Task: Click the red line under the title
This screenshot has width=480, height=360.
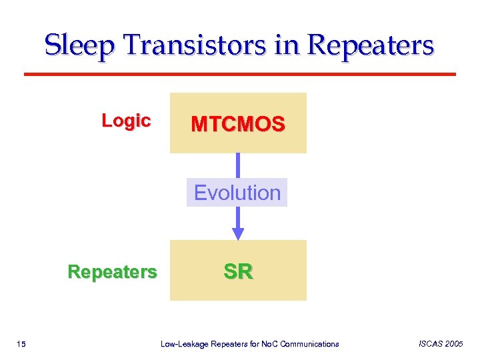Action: [240, 73]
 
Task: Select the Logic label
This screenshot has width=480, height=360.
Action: [126, 121]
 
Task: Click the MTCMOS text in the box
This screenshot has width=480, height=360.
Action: [238, 124]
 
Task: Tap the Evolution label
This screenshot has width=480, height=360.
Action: [237, 193]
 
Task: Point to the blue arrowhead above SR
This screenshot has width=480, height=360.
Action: [238, 233]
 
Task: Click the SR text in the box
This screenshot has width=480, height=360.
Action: [238, 271]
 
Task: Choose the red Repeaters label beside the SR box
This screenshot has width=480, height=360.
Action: [113, 271]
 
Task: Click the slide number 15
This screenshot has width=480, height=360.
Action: [21, 344]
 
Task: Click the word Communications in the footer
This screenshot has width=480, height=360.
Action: [310, 344]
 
